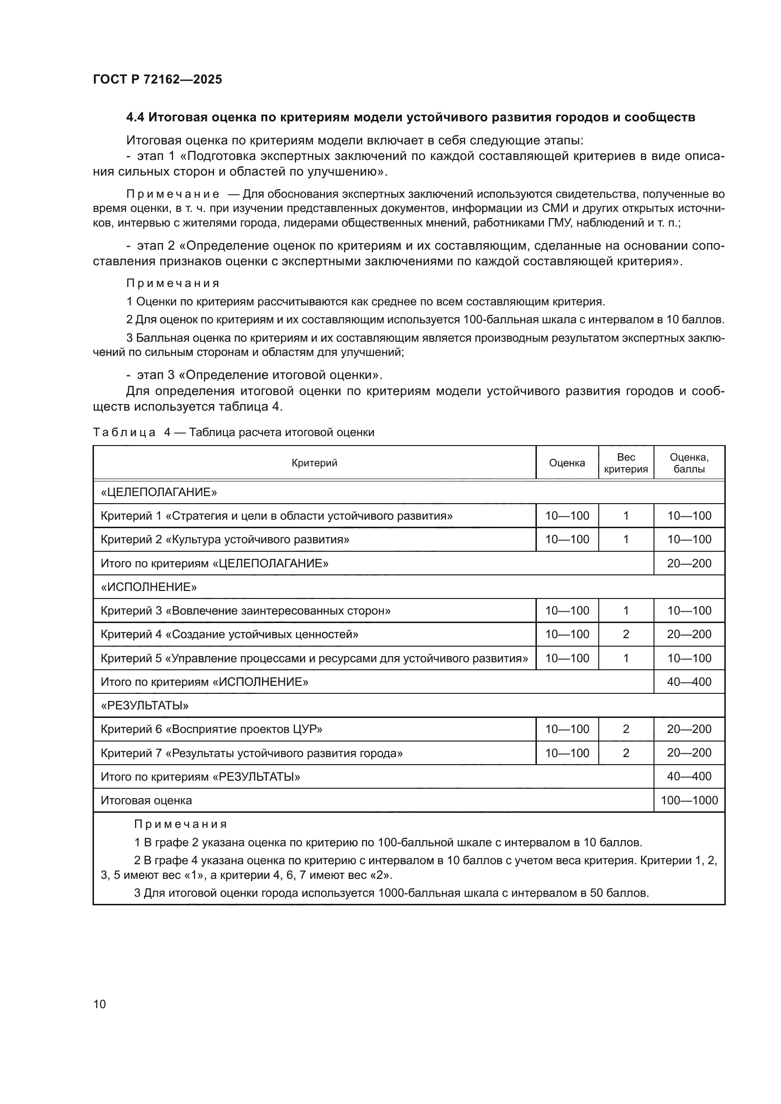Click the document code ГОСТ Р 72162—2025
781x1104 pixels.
[x=157, y=79]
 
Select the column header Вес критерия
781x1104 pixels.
[x=626, y=463]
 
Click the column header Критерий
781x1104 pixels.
[x=314, y=463]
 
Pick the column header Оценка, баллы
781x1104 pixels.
[x=688, y=463]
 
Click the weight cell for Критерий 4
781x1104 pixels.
[x=626, y=634]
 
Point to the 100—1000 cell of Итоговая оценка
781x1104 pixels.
[x=688, y=800]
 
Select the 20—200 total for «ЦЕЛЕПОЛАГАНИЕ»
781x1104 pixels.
[x=688, y=563]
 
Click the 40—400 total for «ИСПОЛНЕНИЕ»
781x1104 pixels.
[x=688, y=682]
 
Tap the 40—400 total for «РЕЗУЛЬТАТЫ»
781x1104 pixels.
[x=688, y=776]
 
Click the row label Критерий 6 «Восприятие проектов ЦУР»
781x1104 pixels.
[x=211, y=729]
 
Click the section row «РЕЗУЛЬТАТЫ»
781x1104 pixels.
[x=144, y=705]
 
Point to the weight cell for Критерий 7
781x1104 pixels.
[x=626, y=753]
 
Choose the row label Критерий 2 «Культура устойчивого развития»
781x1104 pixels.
[x=225, y=539]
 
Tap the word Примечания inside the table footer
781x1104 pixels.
[x=180, y=824]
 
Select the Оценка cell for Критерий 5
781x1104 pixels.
[x=567, y=658]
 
